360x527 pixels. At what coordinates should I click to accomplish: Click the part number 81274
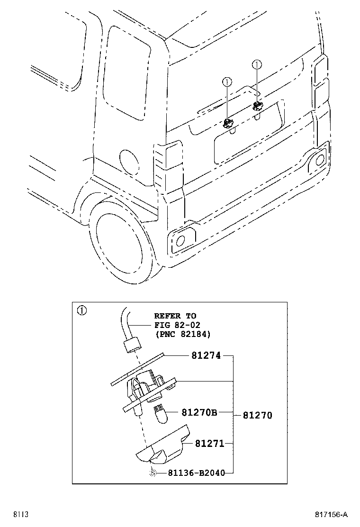(x=206, y=355)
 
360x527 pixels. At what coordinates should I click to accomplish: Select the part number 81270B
(x=199, y=413)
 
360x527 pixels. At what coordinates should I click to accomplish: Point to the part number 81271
(x=209, y=444)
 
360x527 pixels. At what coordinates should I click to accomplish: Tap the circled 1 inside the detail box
(x=81, y=311)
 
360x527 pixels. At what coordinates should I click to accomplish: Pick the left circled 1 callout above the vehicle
(x=227, y=82)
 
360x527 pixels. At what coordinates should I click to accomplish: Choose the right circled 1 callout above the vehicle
(x=257, y=64)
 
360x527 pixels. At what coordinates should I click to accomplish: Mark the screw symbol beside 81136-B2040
(x=153, y=472)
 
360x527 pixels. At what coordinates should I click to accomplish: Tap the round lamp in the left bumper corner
(x=180, y=241)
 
